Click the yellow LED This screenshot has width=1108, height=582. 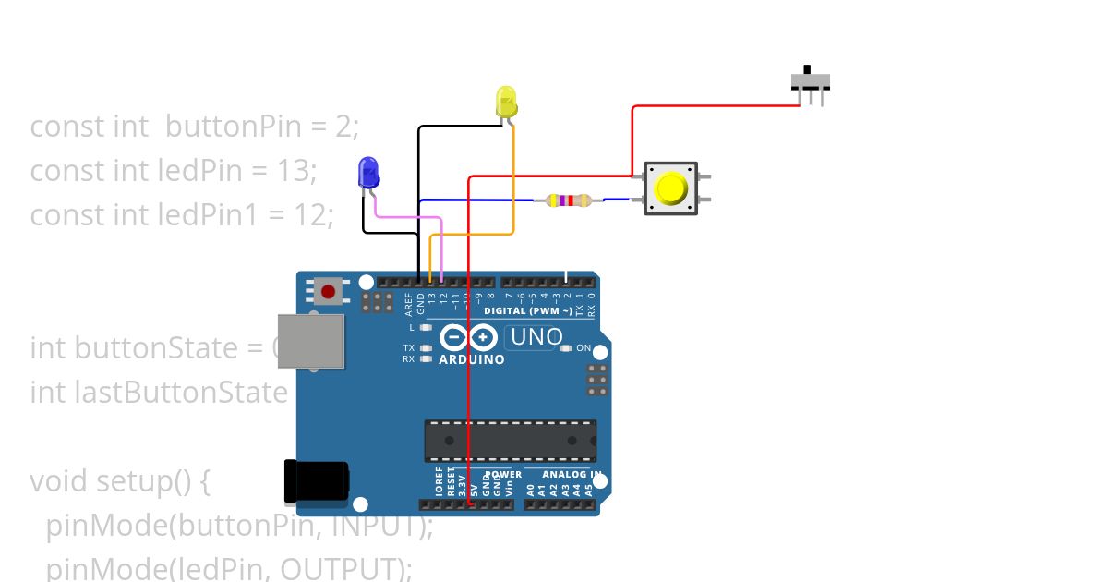(x=506, y=101)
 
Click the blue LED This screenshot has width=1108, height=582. (x=367, y=173)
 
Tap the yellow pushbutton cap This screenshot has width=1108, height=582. (x=670, y=188)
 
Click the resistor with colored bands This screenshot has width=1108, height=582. (x=569, y=200)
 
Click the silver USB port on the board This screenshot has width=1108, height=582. (x=311, y=341)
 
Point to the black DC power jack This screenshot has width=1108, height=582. (x=316, y=482)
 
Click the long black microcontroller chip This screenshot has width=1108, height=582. (x=510, y=440)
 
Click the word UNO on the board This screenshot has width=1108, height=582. (x=536, y=337)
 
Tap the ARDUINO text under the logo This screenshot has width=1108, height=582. (x=472, y=359)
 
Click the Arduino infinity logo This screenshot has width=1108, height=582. (x=471, y=337)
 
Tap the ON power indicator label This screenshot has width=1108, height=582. (x=584, y=348)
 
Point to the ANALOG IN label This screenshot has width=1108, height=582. (x=572, y=474)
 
